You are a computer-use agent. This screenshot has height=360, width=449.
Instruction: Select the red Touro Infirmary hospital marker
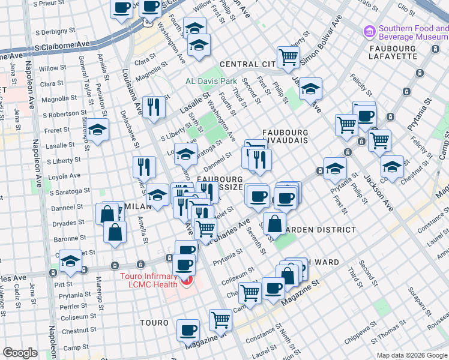click(187, 280)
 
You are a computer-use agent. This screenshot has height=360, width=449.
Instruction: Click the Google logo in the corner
click(20, 353)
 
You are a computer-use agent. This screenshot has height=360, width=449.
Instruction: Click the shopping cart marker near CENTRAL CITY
click(288, 57)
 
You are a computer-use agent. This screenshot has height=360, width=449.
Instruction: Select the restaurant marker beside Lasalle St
click(154, 107)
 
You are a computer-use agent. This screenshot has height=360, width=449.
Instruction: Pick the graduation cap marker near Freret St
click(97, 131)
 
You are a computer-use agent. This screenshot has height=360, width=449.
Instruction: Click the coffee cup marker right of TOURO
click(188, 329)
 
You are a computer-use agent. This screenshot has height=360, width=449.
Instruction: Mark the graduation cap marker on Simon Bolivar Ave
click(310, 88)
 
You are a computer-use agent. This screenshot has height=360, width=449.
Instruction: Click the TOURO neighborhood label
click(154, 323)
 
